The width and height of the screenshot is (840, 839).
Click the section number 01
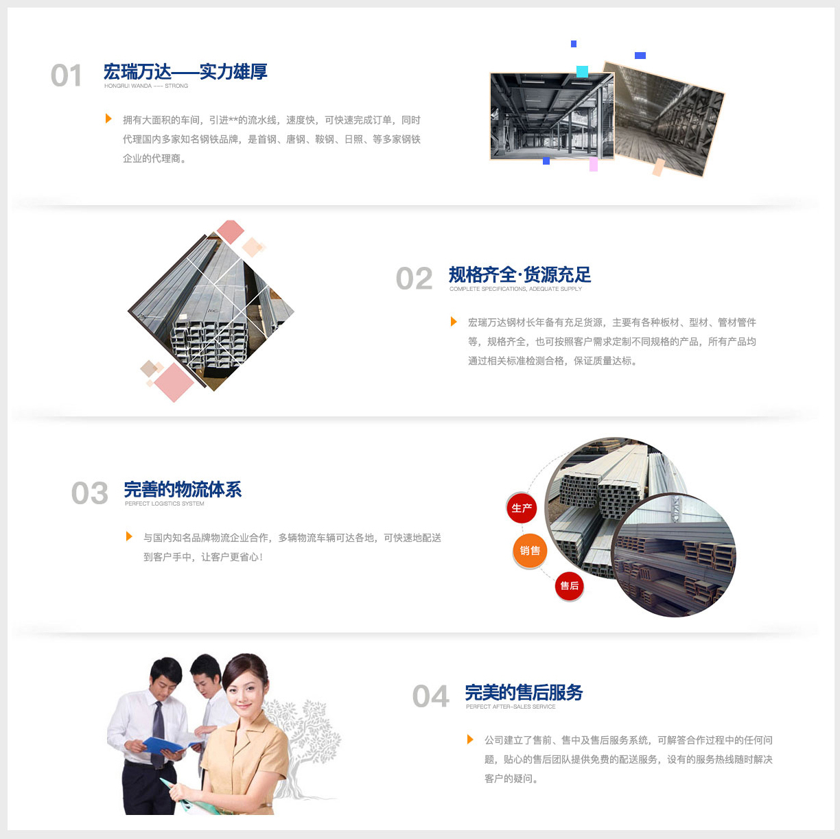tap(67, 75)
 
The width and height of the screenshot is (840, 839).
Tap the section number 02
tap(414, 279)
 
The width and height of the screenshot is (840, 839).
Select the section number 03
tap(90, 493)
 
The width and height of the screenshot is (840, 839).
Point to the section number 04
tap(431, 696)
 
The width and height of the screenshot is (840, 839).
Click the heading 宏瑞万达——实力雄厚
tap(185, 71)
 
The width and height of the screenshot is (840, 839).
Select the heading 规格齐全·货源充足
tap(520, 274)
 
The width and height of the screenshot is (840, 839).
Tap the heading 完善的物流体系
tap(183, 489)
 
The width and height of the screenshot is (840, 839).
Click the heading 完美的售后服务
tap(524, 692)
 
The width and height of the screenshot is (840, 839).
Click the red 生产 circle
tap(522, 508)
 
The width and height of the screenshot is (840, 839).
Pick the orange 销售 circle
tap(530, 550)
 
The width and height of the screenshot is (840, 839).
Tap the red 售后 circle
tap(570, 586)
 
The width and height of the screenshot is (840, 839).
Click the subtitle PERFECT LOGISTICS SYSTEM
tap(164, 504)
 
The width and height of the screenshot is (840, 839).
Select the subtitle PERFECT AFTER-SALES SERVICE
tap(511, 707)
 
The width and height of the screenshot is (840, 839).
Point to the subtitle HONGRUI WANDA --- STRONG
tap(146, 86)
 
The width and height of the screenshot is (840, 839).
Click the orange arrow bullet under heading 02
tap(454, 322)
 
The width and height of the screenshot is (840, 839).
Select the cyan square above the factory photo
tap(583, 71)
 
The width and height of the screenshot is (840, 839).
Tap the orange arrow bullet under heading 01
tap(108, 119)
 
